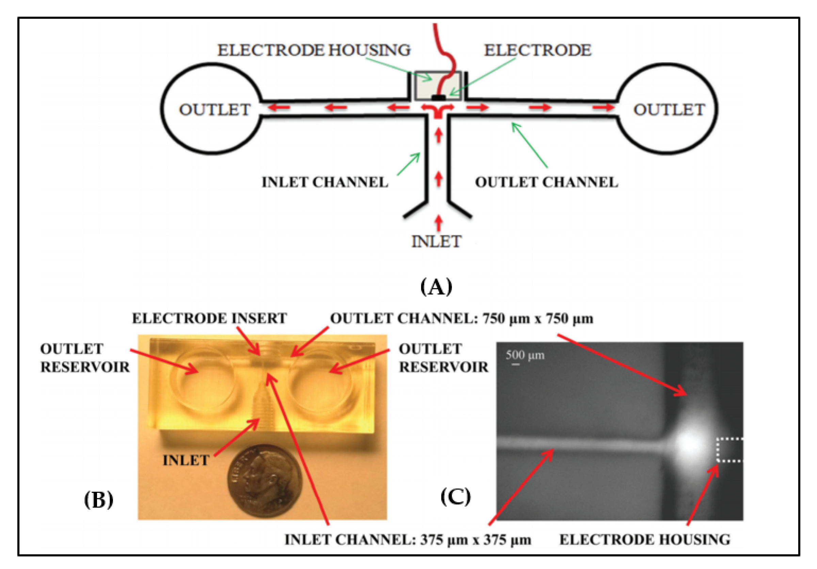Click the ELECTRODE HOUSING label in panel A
pos(314,50)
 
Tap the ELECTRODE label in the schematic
pos(537,50)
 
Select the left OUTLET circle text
pos(214,110)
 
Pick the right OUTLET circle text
pos(669,110)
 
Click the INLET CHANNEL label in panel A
pos(324,182)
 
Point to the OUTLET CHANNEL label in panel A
pos(546,182)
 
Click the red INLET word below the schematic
pos(437,242)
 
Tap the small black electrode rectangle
pos(438,97)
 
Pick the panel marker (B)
pos(99,500)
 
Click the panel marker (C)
pos(455,497)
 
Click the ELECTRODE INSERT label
pos(209,318)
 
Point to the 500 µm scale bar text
pos(525,355)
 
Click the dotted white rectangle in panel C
pos(730,450)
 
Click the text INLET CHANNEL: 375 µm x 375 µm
pos(407,540)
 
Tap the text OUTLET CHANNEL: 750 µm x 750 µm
pos(462,318)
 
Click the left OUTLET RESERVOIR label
pos(85,358)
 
